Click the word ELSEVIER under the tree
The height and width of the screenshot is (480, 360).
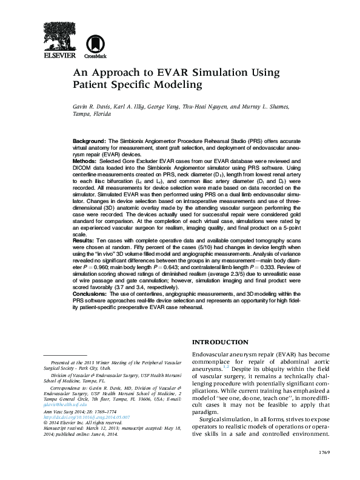(59, 56)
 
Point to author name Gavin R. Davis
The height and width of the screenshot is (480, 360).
(92, 107)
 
